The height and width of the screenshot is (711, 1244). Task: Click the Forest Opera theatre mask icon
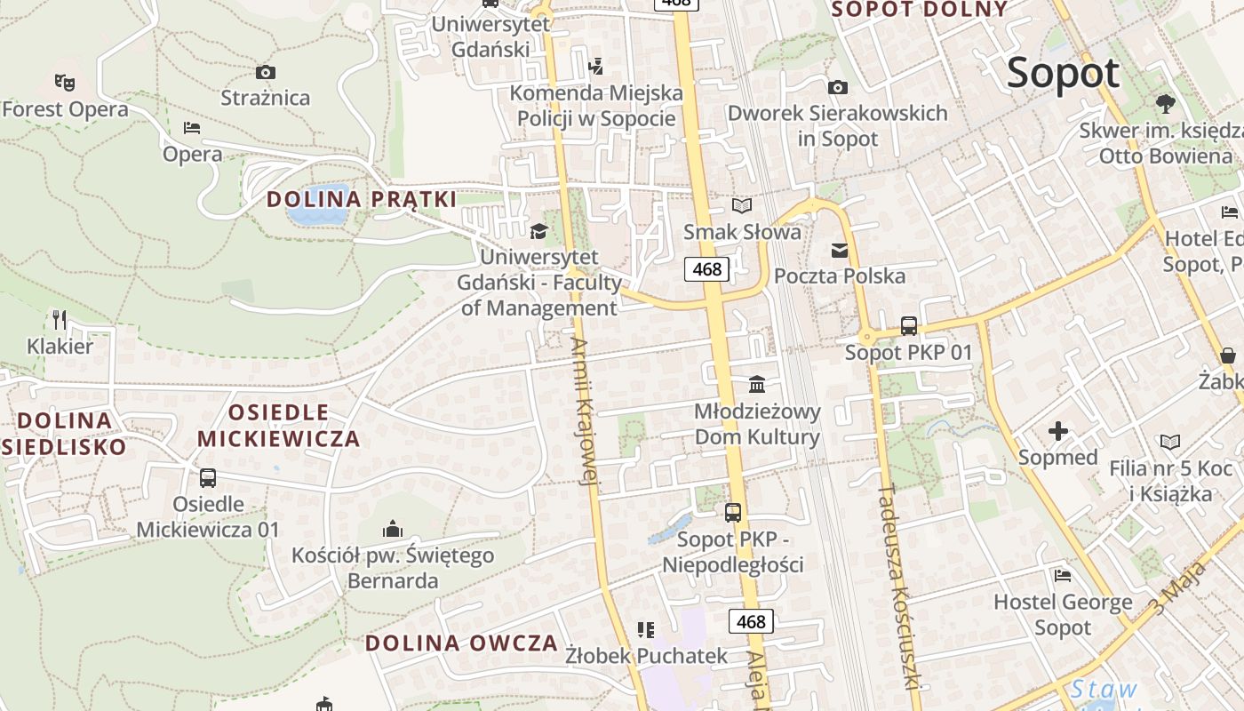pos(64,82)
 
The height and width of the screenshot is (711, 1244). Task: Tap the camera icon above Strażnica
pos(265,72)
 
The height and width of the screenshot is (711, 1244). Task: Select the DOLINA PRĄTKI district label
pos(361,199)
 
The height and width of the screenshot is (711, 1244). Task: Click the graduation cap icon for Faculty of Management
pos(538,231)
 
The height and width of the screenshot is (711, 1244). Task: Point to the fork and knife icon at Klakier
pos(60,319)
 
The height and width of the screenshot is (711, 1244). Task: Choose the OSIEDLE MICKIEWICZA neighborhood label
pos(278,426)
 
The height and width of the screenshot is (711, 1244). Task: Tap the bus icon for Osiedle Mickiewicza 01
pos(208,478)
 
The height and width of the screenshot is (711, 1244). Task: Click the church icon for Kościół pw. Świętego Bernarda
pos(393,530)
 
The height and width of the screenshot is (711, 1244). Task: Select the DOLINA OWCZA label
pos(461,643)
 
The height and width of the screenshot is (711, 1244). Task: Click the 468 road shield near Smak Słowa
pos(707,268)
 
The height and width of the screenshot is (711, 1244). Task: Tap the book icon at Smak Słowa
pos(742,206)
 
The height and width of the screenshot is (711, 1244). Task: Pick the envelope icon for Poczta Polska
pos(840,250)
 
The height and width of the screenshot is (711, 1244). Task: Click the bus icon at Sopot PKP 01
pos(908,326)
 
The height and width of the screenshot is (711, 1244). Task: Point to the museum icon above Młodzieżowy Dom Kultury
pos(757,384)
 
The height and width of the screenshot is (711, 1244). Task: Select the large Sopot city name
pos(1063,73)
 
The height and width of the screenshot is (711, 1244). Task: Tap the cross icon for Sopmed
pos(1058,432)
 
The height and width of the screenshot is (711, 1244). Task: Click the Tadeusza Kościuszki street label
pos(897,587)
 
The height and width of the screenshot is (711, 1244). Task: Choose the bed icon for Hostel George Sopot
pos(1062,576)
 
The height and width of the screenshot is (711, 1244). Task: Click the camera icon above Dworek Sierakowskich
pos(837,87)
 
